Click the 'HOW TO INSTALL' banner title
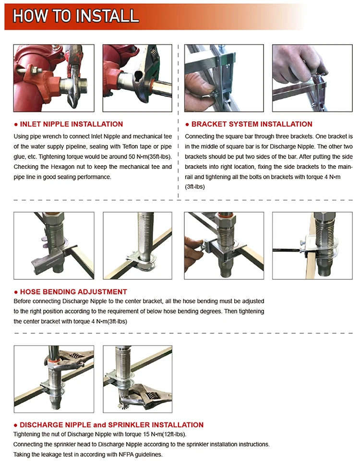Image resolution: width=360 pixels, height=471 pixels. pos(76,16)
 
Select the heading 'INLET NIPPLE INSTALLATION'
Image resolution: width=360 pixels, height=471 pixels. pos(72,124)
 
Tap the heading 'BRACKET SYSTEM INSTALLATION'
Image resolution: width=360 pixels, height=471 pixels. pos(252,124)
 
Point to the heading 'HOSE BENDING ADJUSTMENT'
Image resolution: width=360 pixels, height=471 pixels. pos(73,291)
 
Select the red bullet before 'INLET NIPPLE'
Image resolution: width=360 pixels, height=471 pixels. pos(16,124)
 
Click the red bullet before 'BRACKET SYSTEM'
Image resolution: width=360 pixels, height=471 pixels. pos(187,124)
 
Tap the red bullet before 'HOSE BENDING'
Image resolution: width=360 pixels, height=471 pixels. pos(16,292)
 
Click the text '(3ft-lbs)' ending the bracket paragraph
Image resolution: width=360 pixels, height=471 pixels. pos(195,187)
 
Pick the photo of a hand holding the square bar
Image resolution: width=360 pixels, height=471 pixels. pos(312,78)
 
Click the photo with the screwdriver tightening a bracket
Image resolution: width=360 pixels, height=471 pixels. pos(312,246)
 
